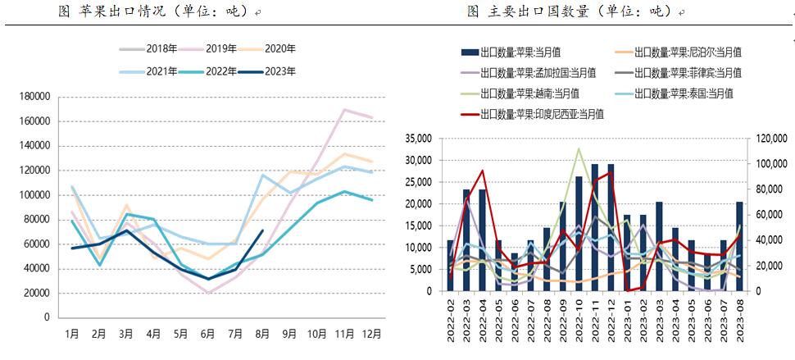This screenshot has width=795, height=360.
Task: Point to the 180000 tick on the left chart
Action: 34,97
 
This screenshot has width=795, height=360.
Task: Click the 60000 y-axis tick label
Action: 37,244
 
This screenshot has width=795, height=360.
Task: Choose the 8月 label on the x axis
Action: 262,334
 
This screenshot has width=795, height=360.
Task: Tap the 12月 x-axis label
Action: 373,334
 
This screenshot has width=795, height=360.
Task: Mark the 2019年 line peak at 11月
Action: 345,109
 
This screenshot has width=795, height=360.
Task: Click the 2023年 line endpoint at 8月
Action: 262,230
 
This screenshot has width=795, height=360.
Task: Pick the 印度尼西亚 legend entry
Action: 541,114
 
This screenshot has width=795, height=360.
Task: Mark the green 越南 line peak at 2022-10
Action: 579,148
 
